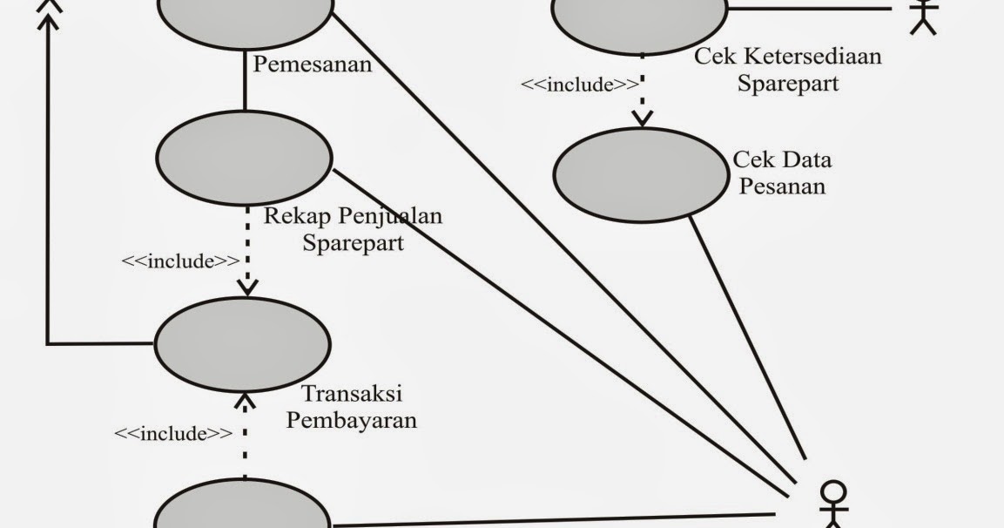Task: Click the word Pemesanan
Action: (x=312, y=64)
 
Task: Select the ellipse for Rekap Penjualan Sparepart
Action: (x=244, y=158)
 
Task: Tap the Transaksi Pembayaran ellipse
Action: (x=242, y=344)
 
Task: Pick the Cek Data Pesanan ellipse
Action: (x=641, y=174)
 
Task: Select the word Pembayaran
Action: (x=352, y=420)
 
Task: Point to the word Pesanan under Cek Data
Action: (x=780, y=186)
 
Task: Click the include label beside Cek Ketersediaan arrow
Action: (x=580, y=85)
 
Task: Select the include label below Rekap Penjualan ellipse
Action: (x=180, y=261)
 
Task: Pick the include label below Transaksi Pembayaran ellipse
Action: (x=173, y=433)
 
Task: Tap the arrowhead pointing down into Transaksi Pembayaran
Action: (x=247, y=287)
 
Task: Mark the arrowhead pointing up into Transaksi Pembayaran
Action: (x=245, y=402)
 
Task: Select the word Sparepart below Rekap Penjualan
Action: (x=354, y=242)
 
